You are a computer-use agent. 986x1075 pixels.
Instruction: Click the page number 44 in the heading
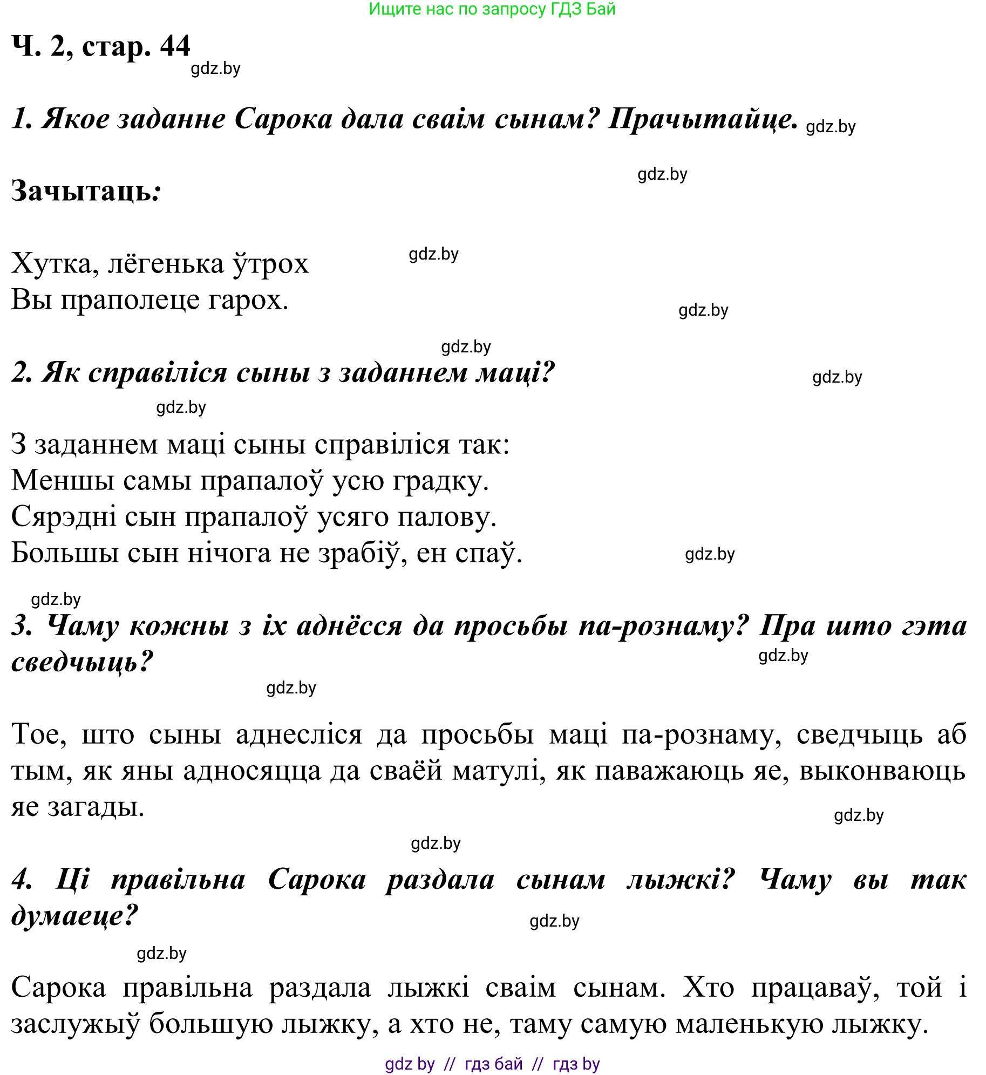(x=175, y=46)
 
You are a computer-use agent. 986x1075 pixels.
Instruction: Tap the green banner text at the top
(x=492, y=9)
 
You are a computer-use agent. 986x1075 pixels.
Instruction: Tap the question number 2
(x=22, y=373)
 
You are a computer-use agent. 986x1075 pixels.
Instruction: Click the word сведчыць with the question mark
(x=82, y=662)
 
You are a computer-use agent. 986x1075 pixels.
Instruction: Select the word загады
(x=96, y=807)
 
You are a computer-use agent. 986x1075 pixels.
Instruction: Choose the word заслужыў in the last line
(x=76, y=1024)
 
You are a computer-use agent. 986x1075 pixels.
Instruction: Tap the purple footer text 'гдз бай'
(x=493, y=1064)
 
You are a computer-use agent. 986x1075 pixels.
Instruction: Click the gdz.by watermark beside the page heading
(x=215, y=69)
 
